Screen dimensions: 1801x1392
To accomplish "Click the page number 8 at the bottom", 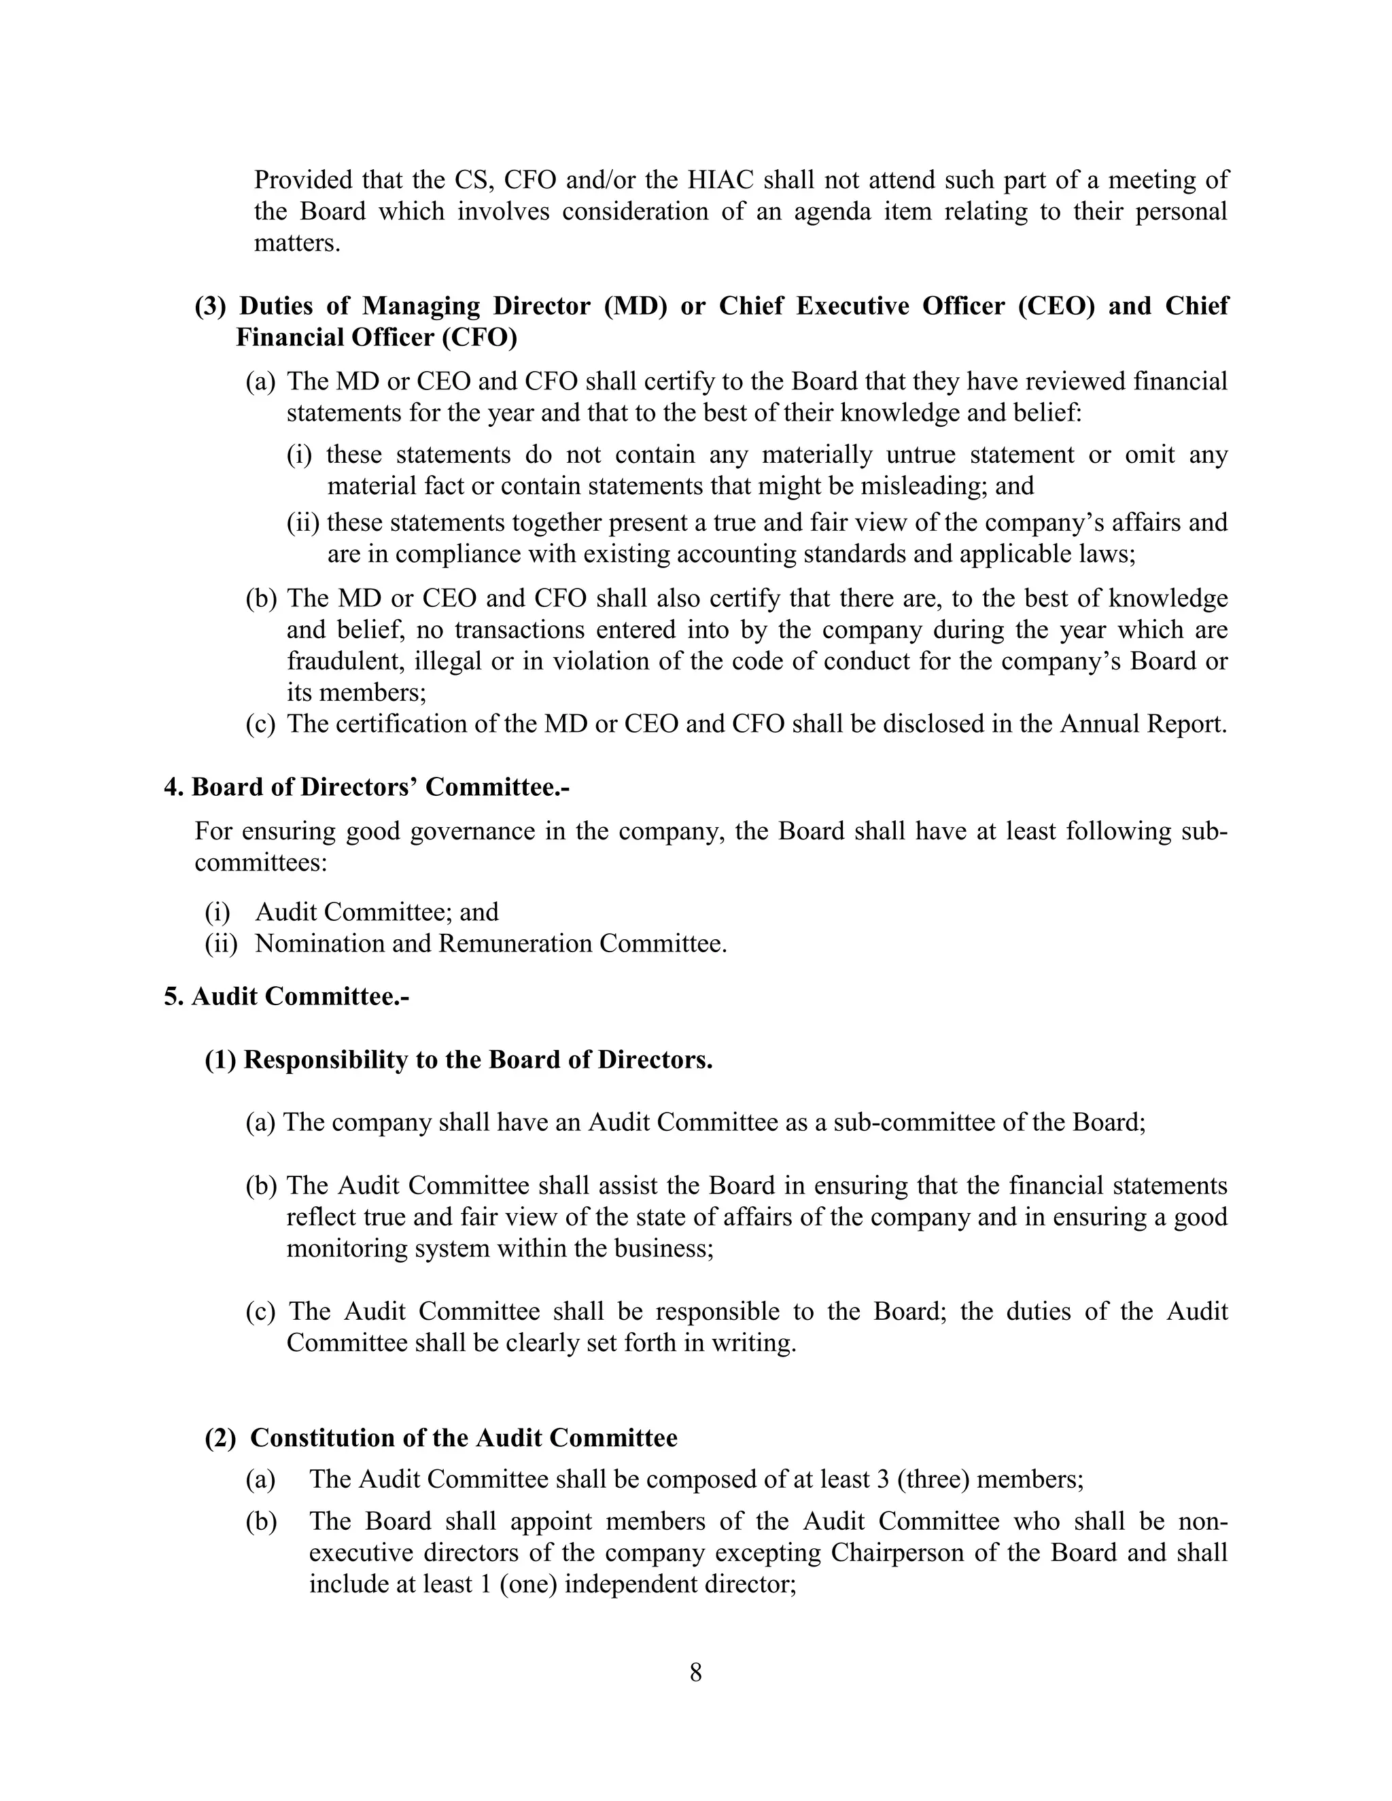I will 695,1673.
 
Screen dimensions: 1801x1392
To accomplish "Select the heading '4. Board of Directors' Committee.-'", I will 367,787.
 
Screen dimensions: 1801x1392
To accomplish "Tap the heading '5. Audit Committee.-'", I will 287,996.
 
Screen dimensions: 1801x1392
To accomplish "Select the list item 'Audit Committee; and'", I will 377,911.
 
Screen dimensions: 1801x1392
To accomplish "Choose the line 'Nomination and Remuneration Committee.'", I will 491,943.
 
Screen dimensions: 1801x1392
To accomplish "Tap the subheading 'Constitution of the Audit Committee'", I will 464,1437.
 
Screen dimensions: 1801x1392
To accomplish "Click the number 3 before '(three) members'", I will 882,1479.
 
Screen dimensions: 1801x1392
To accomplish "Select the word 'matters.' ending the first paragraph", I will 297,243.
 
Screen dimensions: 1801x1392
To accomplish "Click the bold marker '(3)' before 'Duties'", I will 209,306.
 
